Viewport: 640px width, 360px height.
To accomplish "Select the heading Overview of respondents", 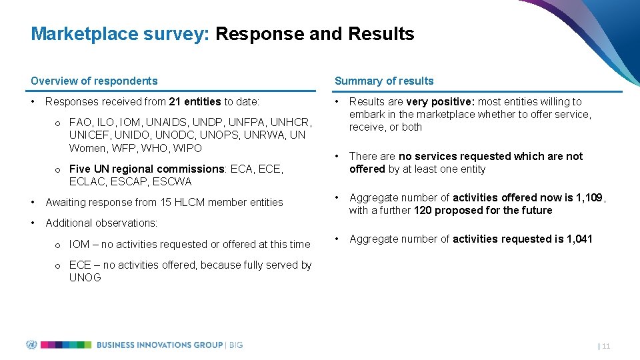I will click(x=94, y=81).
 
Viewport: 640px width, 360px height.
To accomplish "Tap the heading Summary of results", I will click(x=384, y=81).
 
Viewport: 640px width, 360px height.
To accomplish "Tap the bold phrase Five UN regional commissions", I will click(x=147, y=169).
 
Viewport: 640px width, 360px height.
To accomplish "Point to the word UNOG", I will click(x=85, y=277).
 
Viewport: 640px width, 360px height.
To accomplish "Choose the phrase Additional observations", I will click(x=101, y=223).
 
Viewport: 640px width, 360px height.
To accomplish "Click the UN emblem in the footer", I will click(x=31, y=345).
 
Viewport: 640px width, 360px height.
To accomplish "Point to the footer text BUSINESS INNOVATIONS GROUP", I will click(x=159, y=345).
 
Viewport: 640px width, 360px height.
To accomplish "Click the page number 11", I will click(x=606, y=346).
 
